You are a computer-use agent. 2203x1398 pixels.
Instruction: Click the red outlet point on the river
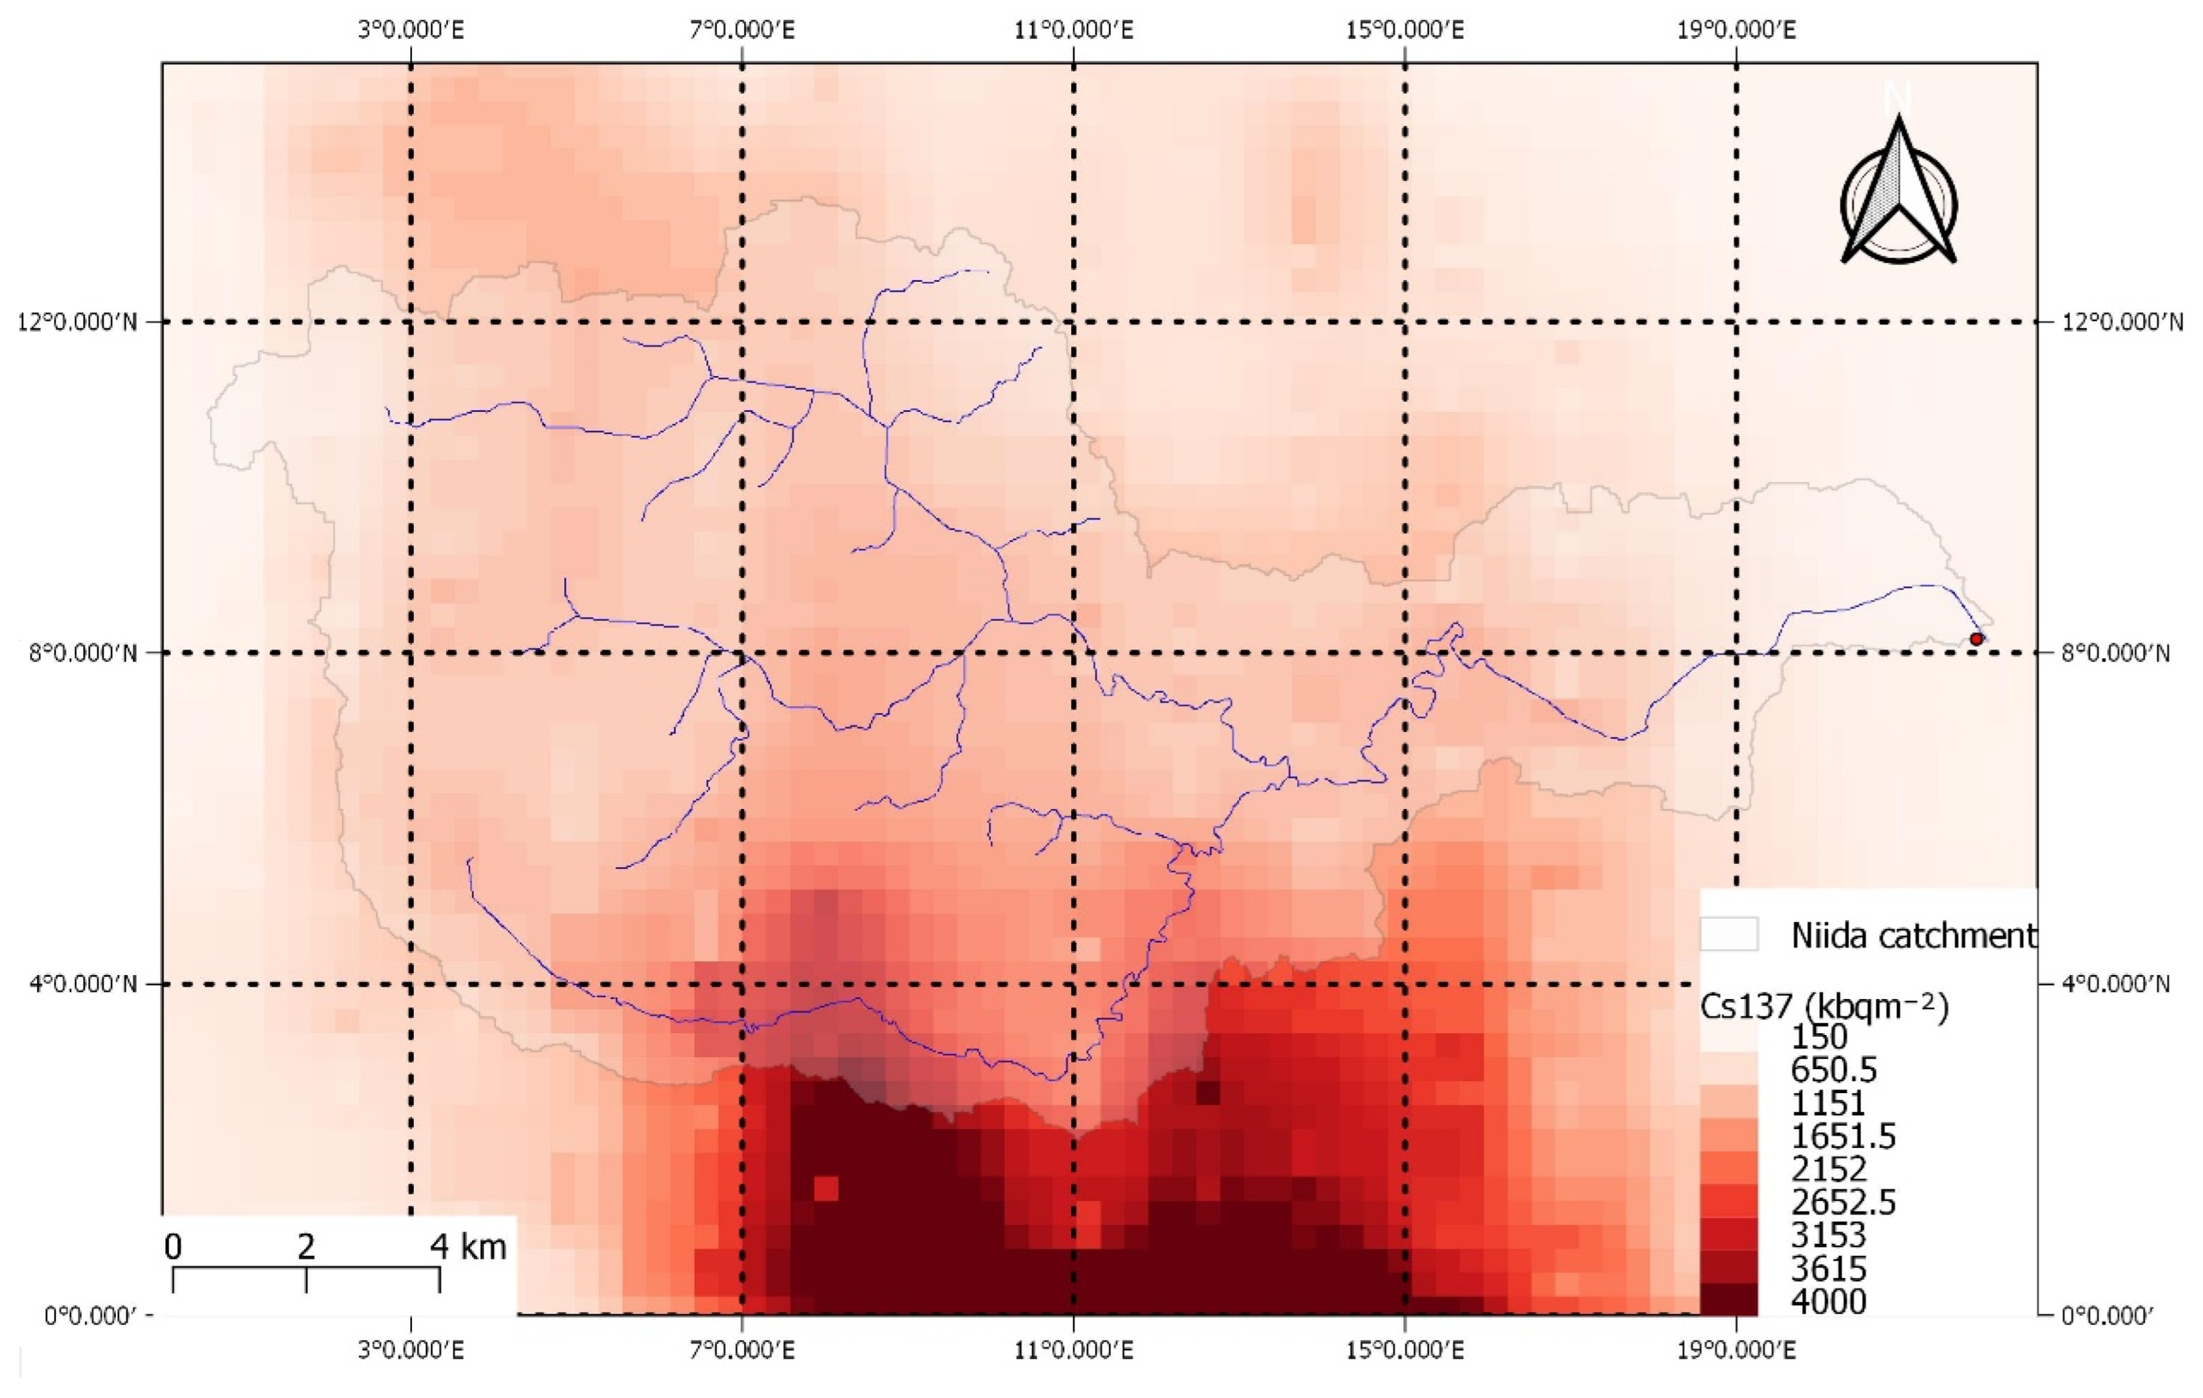(1976, 639)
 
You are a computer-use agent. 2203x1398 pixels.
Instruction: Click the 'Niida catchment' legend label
(1911, 935)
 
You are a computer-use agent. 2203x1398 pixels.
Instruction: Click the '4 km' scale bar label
(468, 1246)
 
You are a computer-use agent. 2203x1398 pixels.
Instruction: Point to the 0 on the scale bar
(173, 1246)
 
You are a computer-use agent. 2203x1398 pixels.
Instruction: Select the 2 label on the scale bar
(305, 1246)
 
